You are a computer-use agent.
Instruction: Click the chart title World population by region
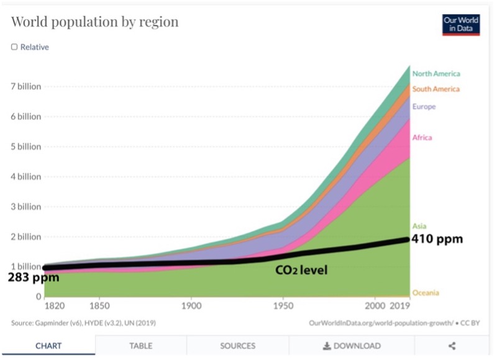[x=94, y=22]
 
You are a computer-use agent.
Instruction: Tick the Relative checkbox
[x=14, y=47]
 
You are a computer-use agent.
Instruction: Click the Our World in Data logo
[x=461, y=24]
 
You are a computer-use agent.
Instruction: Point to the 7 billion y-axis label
[x=25, y=86]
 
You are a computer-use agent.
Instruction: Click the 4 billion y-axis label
[x=25, y=176]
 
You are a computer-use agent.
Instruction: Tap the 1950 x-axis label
[x=283, y=307]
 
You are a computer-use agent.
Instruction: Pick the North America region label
[x=436, y=73]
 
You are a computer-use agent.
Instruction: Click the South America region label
[x=436, y=89]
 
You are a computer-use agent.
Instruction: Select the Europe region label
[x=424, y=107]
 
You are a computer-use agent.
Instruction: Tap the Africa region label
[x=422, y=137]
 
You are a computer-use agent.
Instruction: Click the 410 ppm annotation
[x=437, y=239]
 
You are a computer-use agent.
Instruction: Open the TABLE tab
[x=140, y=346]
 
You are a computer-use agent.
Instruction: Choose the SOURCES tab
[x=237, y=346]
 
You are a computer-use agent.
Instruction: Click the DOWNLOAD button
[x=352, y=346]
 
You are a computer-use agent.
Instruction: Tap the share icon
[x=452, y=346]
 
